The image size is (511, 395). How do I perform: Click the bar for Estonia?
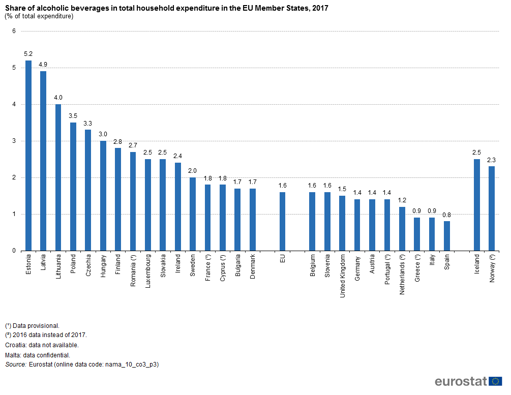pos(28,156)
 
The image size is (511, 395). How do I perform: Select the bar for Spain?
pos(447,236)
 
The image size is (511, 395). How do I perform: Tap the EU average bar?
pos(282,221)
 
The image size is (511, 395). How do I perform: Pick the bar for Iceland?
pos(477,205)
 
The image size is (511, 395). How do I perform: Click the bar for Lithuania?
pos(58,177)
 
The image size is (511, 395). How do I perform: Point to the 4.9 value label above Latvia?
pos(43,65)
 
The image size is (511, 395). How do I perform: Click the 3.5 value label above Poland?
pos(73,116)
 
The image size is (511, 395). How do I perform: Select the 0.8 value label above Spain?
pos(447,215)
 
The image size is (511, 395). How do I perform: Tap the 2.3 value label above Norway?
pos(492,160)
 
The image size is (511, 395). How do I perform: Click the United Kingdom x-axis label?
pos(343,277)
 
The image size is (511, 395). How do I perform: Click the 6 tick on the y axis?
pos(14,32)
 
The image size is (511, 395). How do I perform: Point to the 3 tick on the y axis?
pos(14,141)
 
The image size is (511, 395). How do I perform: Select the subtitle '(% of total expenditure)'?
pos(39,16)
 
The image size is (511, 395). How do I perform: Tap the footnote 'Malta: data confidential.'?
pos(38,355)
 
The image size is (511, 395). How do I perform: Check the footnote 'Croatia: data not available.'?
pos(42,345)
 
